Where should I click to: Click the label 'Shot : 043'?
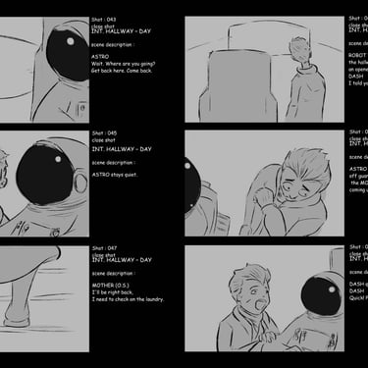(x=104, y=19)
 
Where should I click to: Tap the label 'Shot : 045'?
(x=104, y=132)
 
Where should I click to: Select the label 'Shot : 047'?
(x=104, y=248)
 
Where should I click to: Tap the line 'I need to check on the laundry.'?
(x=129, y=299)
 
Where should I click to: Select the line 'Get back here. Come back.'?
(x=123, y=71)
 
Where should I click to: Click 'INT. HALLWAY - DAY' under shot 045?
(x=121, y=148)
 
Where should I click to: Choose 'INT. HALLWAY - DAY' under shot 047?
(x=121, y=259)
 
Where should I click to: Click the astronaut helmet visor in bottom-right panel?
(x=321, y=293)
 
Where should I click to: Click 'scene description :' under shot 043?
(x=114, y=44)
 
